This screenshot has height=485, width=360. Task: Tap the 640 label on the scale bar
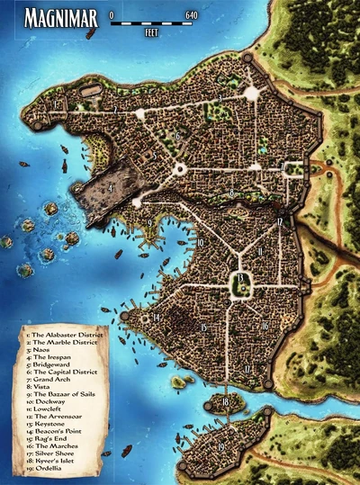tap(191, 16)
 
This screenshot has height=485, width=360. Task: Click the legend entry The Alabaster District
tap(67, 332)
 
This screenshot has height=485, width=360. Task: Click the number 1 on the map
tap(56, 105)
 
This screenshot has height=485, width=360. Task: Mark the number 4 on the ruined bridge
tap(111, 189)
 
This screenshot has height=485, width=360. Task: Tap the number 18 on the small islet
tap(226, 401)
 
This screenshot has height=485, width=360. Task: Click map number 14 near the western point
tap(156, 318)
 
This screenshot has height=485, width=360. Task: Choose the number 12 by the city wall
tap(280, 220)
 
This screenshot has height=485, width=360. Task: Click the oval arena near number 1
tap(91, 89)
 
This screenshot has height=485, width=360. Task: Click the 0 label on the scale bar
tap(111, 16)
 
